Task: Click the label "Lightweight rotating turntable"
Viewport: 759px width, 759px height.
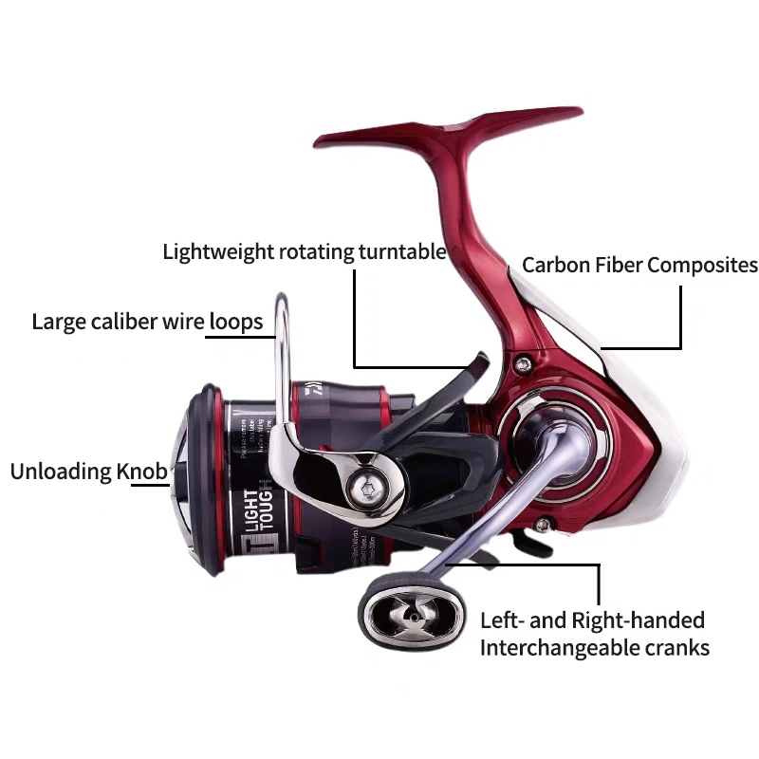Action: (304, 251)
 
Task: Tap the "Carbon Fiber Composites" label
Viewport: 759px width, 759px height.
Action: (640, 265)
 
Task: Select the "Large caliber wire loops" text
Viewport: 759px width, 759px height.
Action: (147, 322)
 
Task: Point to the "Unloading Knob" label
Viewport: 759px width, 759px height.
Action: (88, 471)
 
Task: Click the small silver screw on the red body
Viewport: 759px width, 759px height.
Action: (522, 363)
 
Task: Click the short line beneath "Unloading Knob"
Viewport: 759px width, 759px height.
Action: (149, 485)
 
